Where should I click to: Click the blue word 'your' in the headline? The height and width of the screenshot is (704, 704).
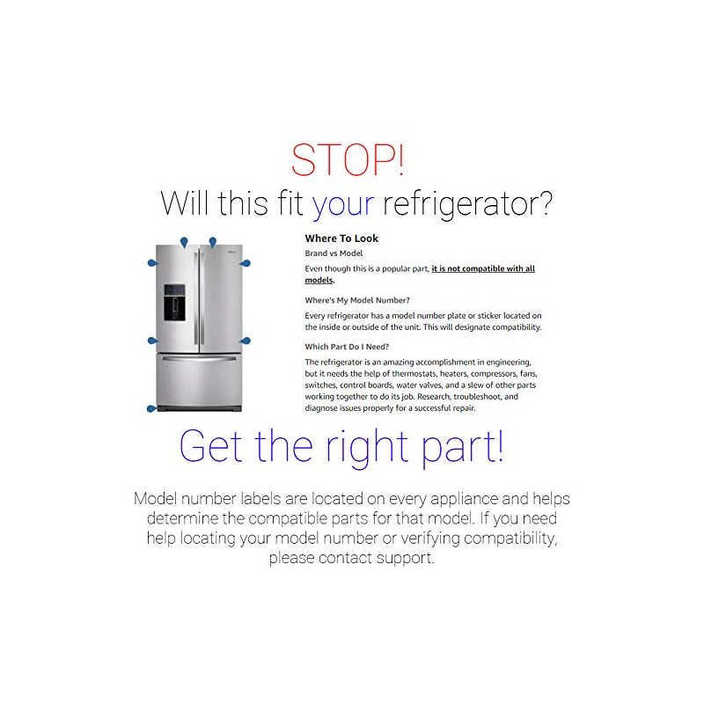(x=343, y=204)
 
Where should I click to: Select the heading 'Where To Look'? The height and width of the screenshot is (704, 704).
(x=341, y=238)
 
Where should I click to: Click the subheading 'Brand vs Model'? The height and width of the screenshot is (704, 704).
(x=334, y=253)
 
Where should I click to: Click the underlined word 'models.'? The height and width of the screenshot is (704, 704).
(x=319, y=280)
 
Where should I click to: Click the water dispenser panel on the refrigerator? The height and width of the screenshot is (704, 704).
(x=174, y=302)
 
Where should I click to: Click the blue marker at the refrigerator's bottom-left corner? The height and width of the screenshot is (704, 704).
(x=152, y=408)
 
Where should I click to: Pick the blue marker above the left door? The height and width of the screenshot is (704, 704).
(x=183, y=243)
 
